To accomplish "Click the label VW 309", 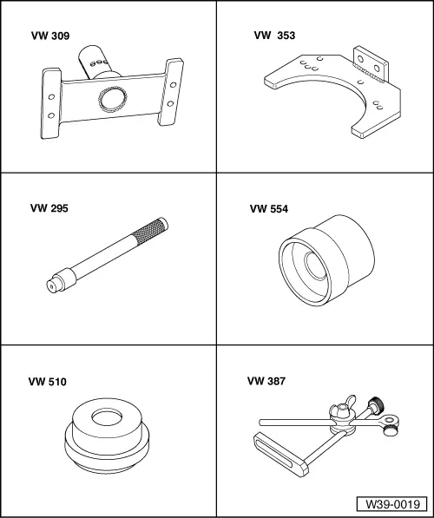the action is (x=50, y=36).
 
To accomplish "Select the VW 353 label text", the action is (x=274, y=36).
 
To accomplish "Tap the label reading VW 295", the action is (x=49, y=208).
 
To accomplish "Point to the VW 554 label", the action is (x=269, y=209).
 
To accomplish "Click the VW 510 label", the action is (x=47, y=382).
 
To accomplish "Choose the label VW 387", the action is (x=266, y=381).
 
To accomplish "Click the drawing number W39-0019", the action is (x=392, y=504).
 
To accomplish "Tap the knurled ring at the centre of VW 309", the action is (x=112, y=99).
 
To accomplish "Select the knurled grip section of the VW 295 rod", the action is (x=148, y=231).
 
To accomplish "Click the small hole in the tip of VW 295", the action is (x=51, y=286).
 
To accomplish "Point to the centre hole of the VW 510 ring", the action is (x=107, y=418).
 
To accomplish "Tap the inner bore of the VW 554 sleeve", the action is (x=315, y=266).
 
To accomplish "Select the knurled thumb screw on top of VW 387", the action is (x=377, y=405).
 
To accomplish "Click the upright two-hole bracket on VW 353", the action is (x=370, y=64).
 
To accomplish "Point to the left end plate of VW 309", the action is (x=51, y=103).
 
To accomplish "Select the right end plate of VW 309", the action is (x=171, y=92).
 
